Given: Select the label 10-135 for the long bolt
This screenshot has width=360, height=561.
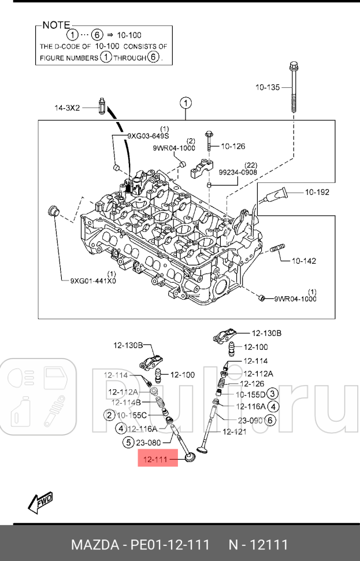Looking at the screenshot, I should [268, 87].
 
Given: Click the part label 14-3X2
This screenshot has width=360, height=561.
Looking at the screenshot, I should [67, 108].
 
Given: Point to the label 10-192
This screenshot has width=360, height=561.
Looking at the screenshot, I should [317, 192].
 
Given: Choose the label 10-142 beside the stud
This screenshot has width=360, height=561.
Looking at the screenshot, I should [303, 261].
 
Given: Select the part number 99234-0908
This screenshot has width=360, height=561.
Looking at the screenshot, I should [238, 172].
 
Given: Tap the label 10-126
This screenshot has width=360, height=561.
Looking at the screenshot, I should [233, 146].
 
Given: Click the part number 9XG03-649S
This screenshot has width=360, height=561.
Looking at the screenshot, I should [148, 136].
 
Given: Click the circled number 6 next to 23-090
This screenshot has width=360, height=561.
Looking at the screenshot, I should [270, 420].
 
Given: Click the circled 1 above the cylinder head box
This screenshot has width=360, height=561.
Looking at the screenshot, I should [185, 104].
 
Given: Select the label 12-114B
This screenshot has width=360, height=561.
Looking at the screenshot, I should [126, 403].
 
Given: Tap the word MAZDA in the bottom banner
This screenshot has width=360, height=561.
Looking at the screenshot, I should [94, 545].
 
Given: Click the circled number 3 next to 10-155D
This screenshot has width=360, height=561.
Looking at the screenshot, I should [274, 394].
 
